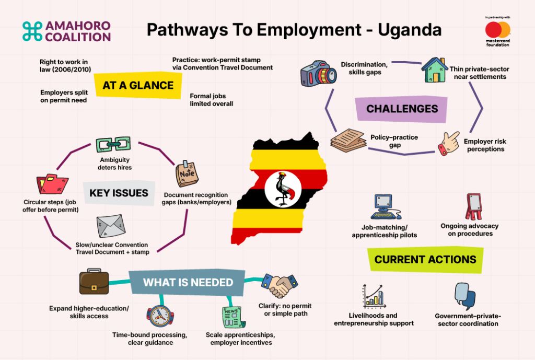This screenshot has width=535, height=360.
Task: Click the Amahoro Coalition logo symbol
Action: point(32,31)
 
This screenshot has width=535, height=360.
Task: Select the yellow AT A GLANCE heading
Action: point(138,85)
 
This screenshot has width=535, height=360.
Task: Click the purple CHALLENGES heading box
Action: point(402,109)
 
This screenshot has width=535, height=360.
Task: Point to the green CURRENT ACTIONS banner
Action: point(425,260)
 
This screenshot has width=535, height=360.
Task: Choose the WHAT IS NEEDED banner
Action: point(188,283)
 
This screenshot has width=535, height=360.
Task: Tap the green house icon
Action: point(434,70)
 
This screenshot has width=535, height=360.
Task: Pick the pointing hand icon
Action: point(449,143)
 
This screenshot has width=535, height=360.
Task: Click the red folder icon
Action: point(52,184)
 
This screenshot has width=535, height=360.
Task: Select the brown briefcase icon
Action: point(94,282)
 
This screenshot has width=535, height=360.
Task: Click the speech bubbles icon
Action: point(464,296)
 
